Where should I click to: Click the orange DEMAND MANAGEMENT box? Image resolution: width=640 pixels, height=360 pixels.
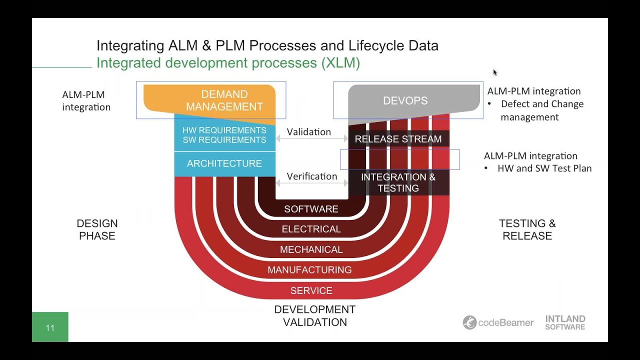(224, 100)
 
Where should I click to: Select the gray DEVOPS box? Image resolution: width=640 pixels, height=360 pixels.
(405, 100)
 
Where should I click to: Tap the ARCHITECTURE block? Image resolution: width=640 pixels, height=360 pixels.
(224, 163)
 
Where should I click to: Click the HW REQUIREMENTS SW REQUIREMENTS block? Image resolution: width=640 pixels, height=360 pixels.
(224, 135)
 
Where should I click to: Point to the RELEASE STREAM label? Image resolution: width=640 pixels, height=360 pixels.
(398, 139)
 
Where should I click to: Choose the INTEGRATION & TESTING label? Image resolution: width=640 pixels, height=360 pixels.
(398, 183)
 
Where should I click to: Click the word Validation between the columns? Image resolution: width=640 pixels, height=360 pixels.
(309, 132)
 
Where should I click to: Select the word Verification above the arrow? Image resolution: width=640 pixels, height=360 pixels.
(312, 176)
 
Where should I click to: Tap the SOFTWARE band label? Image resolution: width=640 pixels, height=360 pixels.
(311, 209)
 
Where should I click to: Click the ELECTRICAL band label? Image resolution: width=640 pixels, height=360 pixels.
(311, 229)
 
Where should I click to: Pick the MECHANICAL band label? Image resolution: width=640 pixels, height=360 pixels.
(311, 249)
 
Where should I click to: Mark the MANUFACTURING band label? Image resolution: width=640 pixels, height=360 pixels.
(309, 270)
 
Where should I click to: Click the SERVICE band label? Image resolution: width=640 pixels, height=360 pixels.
(311, 290)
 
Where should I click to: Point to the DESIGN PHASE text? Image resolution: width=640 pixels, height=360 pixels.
(97, 229)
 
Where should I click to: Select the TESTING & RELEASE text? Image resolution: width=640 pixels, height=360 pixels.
(527, 229)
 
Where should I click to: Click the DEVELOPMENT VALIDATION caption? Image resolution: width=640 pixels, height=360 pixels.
(315, 316)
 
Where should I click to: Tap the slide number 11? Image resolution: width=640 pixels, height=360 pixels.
(50, 328)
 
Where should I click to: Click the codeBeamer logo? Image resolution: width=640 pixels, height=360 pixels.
(498, 322)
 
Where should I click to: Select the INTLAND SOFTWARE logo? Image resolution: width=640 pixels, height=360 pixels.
(565, 322)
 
